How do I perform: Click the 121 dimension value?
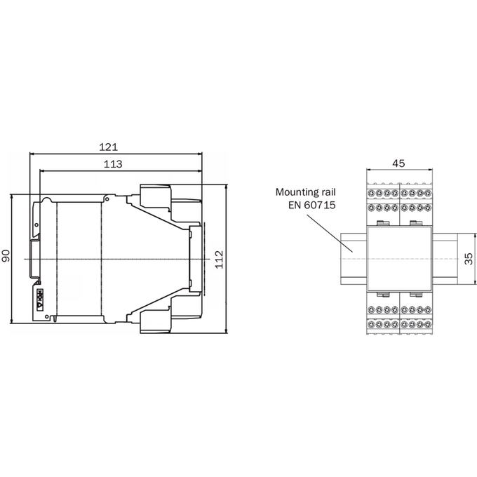tap(108, 147)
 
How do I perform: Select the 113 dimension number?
tap(113, 164)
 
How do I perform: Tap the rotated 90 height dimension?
tap(6, 255)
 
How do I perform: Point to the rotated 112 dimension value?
tap(219, 259)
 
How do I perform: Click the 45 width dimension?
tap(398, 163)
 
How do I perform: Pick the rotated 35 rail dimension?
tap(469, 259)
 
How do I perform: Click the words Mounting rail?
tap(305, 192)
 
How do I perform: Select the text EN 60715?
tap(312, 205)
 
